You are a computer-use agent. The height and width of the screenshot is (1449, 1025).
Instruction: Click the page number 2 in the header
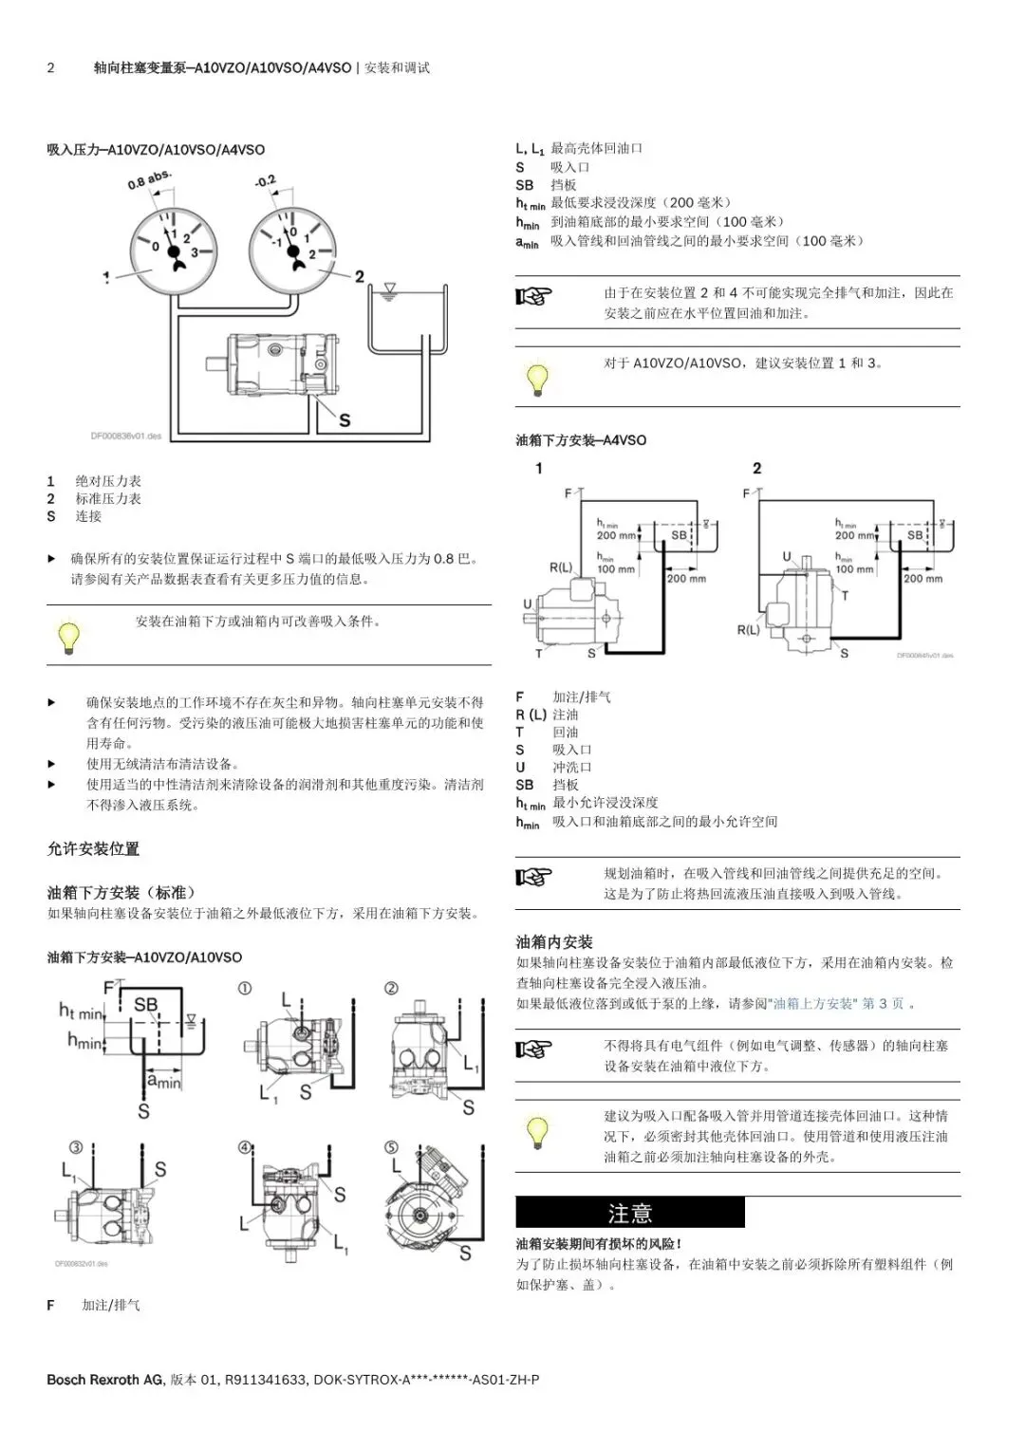coord(51,68)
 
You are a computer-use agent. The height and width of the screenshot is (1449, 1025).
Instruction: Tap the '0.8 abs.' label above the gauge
coord(150,179)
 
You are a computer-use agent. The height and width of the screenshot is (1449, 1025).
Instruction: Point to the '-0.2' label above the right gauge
coord(265,180)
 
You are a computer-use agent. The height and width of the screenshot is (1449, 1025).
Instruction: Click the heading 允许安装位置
coord(93,848)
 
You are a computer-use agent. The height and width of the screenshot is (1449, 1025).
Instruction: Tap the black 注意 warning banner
coord(629,1213)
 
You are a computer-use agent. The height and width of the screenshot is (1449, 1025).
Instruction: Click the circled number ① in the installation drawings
coord(245,988)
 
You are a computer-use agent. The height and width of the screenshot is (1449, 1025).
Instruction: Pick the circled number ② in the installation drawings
coord(391,988)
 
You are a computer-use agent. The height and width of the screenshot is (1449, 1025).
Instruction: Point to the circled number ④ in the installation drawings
coord(245,1146)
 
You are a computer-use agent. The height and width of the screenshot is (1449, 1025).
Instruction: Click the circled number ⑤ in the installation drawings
coord(391,1146)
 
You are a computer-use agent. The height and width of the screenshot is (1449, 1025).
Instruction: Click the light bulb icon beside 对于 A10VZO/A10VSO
coord(537,378)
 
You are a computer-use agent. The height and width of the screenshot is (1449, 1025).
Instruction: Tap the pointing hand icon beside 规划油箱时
coord(533,877)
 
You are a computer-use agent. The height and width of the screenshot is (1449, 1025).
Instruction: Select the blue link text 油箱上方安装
coord(813,1003)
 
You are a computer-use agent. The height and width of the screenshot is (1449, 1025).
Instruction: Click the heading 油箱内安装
coord(554,941)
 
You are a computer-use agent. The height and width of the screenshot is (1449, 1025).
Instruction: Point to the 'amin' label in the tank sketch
coord(163,1081)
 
